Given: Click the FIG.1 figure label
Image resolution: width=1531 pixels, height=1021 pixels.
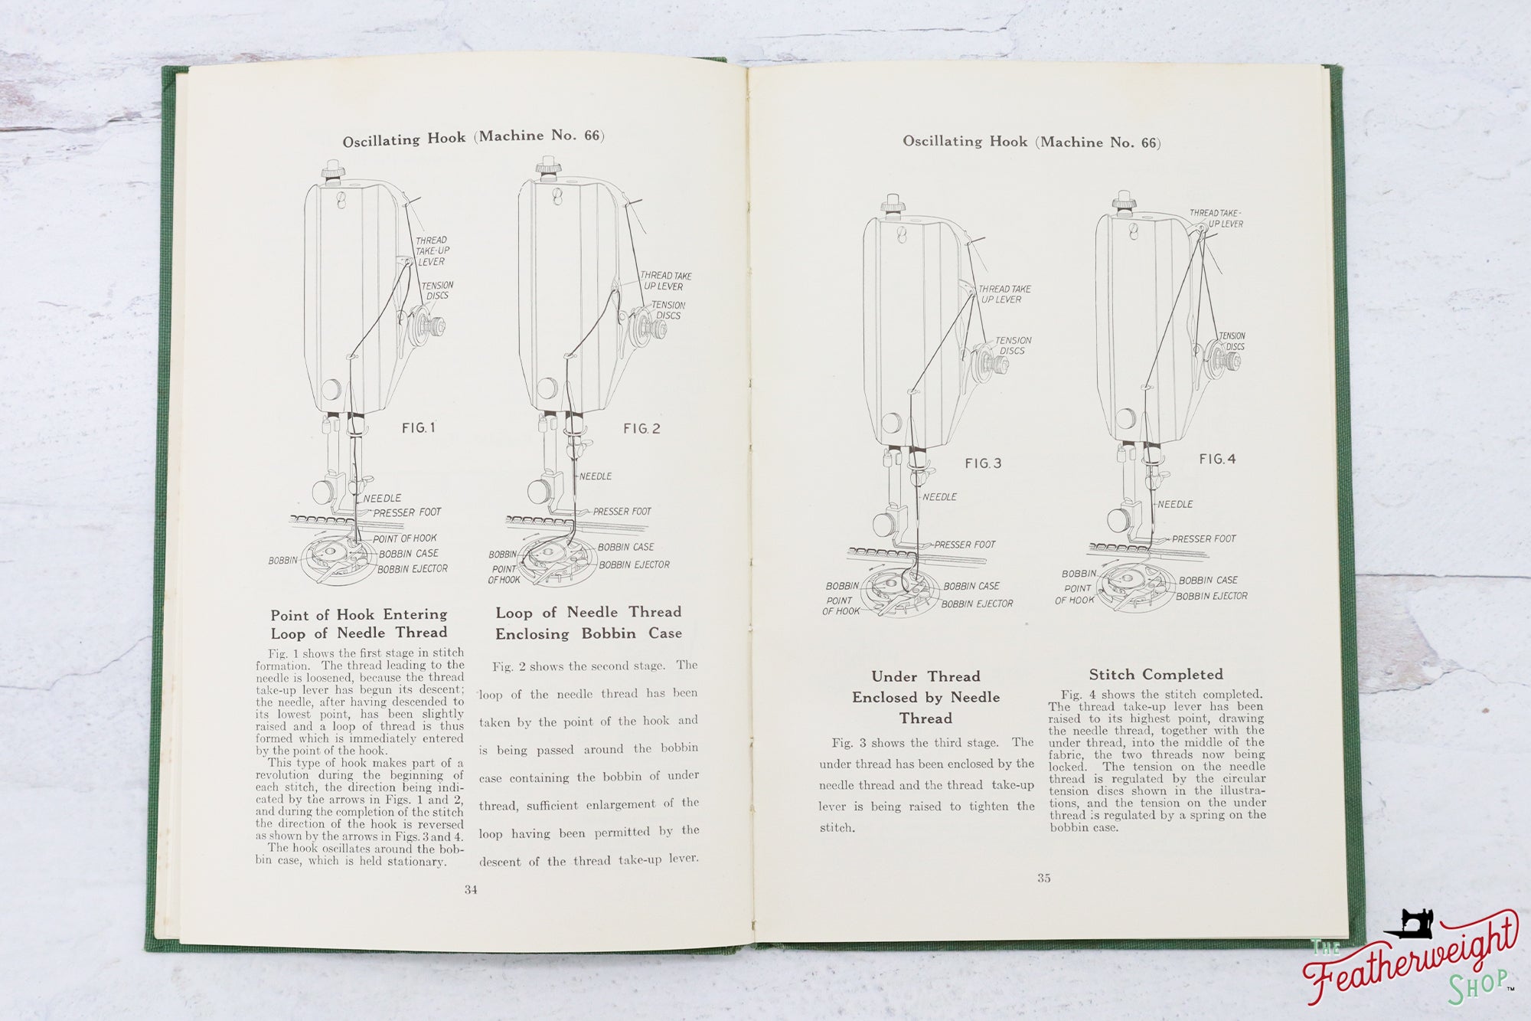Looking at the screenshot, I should pyautogui.click(x=418, y=428).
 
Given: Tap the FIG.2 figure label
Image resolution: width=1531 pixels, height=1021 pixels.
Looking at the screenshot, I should pyautogui.click(x=641, y=429).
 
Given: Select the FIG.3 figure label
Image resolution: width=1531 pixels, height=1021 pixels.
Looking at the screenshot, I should pyautogui.click(x=983, y=463).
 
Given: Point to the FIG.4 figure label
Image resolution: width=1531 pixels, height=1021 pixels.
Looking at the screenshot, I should pyautogui.click(x=1217, y=460).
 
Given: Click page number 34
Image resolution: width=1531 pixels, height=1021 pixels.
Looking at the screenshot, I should pyautogui.click(x=471, y=889).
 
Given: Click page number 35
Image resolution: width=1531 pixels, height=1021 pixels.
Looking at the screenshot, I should pyautogui.click(x=1044, y=879).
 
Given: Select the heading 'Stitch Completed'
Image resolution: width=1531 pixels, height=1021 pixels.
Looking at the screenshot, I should pyautogui.click(x=1156, y=675).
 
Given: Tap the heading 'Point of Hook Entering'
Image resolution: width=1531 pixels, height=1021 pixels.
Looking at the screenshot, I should pyautogui.click(x=358, y=615).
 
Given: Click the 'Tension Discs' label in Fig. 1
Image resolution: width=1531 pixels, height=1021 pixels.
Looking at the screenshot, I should pyautogui.click(x=436, y=290).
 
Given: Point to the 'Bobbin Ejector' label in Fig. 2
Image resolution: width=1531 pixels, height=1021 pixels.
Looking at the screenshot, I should pyautogui.click(x=634, y=565).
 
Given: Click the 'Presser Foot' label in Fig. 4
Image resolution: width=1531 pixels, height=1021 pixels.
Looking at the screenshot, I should pyautogui.click(x=1203, y=539).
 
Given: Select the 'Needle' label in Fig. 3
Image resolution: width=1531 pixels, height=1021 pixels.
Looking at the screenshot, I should pyautogui.click(x=939, y=497).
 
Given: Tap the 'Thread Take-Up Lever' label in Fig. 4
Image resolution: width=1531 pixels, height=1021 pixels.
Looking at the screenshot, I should pyautogui.click(x=1216, y=218).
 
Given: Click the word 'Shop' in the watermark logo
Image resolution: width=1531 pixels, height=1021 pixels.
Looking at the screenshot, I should pyautogui.click(x=1477, y=984).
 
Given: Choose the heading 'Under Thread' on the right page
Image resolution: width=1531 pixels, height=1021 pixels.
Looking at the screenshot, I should pyautogui.click(x=925, y=676).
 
